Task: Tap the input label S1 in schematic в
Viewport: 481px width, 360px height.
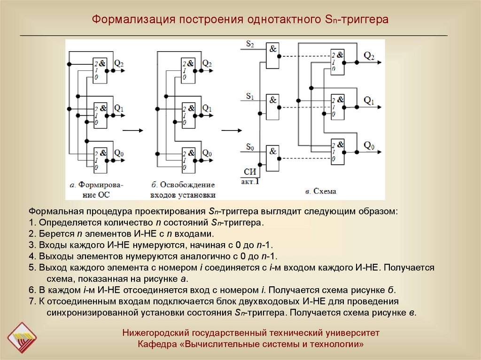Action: click(249, 96)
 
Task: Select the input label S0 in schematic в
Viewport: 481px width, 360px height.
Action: click(249, 148)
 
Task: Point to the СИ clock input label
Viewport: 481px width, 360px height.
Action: click(249, 172)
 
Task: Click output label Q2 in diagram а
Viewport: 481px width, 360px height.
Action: click(119, 63)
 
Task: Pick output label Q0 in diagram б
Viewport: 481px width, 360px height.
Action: click(207, 153)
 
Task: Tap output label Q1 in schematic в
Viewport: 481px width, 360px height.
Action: click(369, 100)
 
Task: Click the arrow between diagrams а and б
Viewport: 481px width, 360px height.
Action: click(135, 131)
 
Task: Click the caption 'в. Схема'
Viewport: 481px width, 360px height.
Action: click(321, 191)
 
